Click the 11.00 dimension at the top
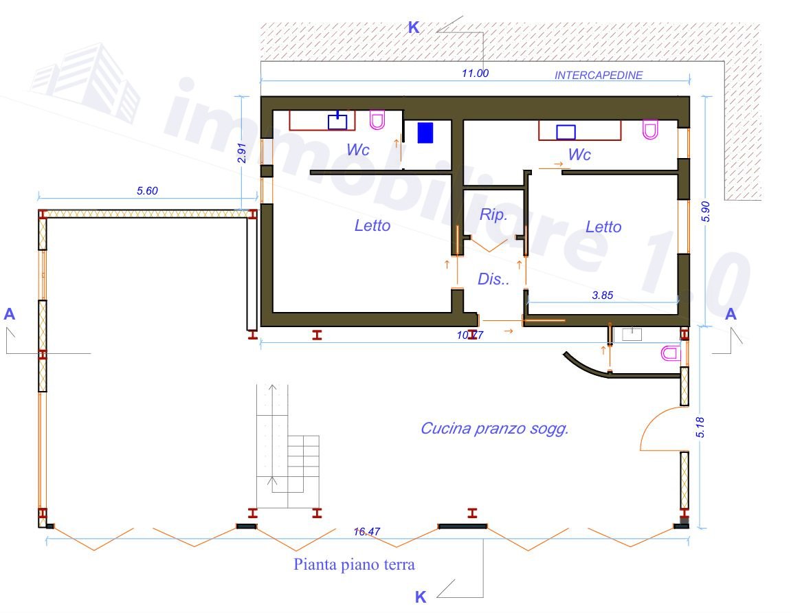(x=475, y=73)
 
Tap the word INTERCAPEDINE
(x=599, y=75)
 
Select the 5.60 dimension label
(x=147, y=191)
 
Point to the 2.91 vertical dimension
(x=242, y=153)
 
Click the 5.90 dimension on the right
(x=706, y=212)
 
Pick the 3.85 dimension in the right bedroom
(x=602, y=295)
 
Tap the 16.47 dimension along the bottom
(x=367, y=532)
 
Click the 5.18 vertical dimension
(x=700, y=427)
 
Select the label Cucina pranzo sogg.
(x=495, y=428)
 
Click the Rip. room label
(x=493, y=214)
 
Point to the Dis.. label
(x=493, y=278)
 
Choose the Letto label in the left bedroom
(x=372, y=225)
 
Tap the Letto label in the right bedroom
(x=603, y=227)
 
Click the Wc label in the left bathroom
(x=358, y=149)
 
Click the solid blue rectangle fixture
(x=425, y=133)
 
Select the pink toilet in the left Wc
(x=377, y=120)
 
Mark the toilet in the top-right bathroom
(x=650, y=129)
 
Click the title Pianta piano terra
(x=354, y=564)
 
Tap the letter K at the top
(x=414, y=27)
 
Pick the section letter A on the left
(x=9, y=314)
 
